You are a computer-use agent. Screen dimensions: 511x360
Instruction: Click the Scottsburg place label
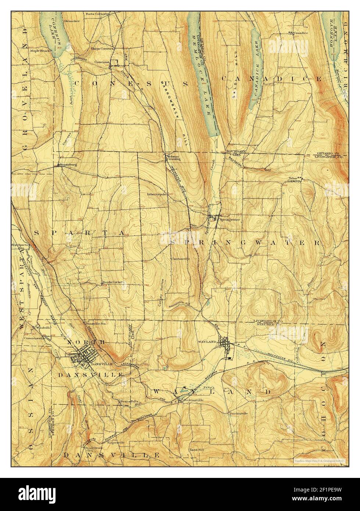click(69, 165)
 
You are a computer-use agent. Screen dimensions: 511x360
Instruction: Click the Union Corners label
click(102, 49)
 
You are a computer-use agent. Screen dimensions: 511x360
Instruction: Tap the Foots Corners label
click(96, 14)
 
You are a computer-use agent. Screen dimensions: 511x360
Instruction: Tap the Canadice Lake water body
click(255, 70)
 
